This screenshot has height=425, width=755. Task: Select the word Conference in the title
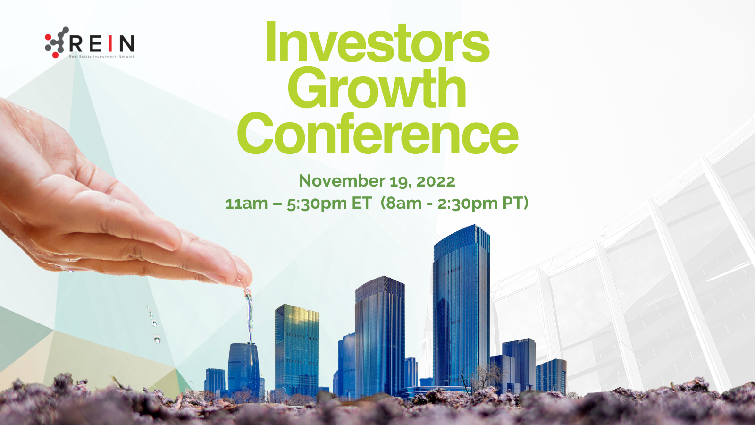coord(377,133)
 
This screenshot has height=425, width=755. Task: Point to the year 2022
coord(436,181)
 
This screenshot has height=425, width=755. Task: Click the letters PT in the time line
coord(512,203)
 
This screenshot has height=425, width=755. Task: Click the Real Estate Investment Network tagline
coord(102,56)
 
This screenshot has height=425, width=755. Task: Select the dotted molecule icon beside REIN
coord(57,42)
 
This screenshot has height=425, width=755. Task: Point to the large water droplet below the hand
coord(157,339)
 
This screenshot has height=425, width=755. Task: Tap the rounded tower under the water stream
coord(243,368)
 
